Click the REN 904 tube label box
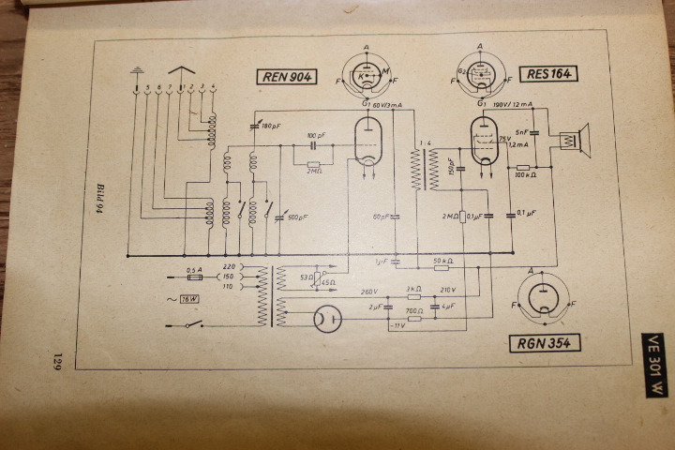point(289,78)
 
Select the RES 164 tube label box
point(550,73)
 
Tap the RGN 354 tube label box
point(547,342)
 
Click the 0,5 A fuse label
point(195,269)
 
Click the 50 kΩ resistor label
point(444,260)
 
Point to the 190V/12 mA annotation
point(513,104)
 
